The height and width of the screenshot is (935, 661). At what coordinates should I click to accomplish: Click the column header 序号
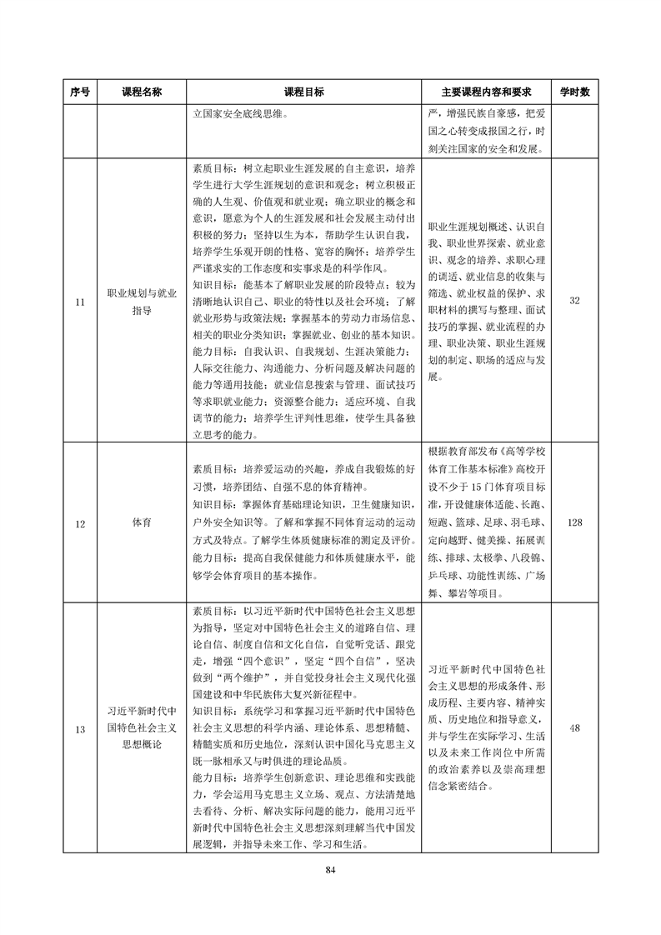[80, 92]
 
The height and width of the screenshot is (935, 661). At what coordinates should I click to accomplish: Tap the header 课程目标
[304, 92]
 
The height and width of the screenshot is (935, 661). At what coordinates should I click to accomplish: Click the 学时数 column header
[574, 92]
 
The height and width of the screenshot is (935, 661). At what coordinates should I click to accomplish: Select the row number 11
[80, 301]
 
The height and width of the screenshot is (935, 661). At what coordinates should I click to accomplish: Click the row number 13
[80, 730]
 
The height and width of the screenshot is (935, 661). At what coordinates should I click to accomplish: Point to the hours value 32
[574, 301]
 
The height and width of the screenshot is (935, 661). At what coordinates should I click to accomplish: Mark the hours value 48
[574, 730]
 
